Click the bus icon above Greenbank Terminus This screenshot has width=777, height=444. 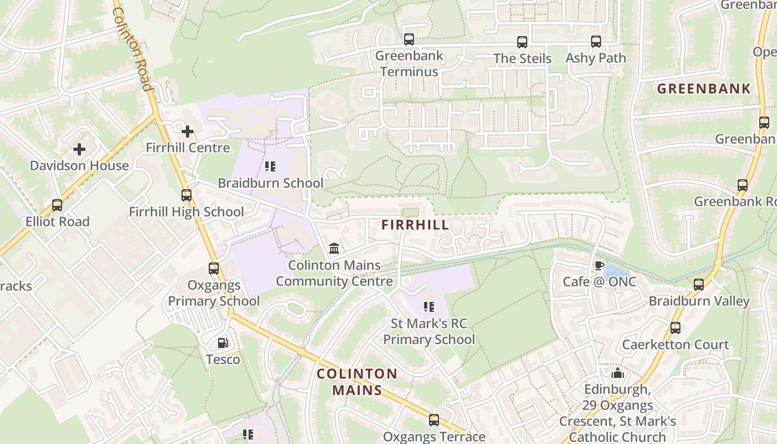(409, 39)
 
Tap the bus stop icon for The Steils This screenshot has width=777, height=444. (522, 42)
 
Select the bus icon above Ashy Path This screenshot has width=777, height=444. (596, 42)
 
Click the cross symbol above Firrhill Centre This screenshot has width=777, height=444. (188, 132)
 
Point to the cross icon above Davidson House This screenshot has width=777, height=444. (79, 149)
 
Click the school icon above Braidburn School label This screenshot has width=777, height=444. (270, 167)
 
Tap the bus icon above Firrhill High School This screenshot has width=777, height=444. (186, 195)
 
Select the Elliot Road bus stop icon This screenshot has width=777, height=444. (57, 205)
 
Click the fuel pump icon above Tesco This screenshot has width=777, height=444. (223, 344)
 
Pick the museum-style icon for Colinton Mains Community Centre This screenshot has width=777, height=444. (334, 248)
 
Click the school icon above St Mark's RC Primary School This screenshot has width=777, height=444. (428, 307)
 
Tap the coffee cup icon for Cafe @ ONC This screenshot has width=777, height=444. (599, 265)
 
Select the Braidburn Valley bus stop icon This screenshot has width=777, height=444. (699, 285)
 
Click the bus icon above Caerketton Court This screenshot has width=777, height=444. (675, 328)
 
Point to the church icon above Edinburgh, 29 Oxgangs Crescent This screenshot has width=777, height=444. (618, 373)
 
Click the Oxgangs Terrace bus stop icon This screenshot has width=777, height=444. (434, 420)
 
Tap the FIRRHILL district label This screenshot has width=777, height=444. (415, 225)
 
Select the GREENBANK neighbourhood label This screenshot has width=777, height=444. (704, 89)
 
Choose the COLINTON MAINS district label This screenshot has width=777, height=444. (357, 382)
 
